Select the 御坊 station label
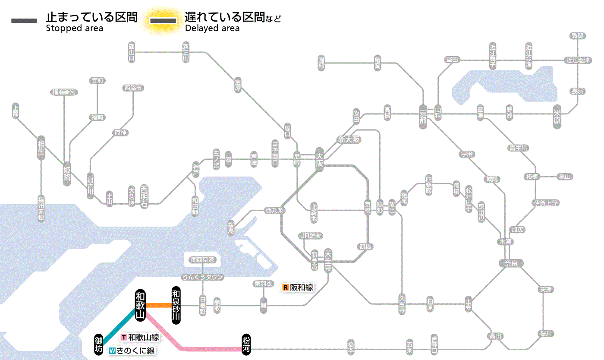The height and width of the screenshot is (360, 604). pyautogui.click(x=99, y=344)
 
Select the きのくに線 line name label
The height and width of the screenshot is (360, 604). pyautogui.click(x=132, y=351)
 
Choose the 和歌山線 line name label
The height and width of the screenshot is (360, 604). pyautogui.click(x=140, y=338)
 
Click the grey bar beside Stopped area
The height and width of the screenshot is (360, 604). pyautogui.click(x=24, y=21)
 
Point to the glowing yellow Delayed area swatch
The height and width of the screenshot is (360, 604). pyautogui.click(x=163, y=21)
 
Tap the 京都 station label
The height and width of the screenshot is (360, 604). pyautogui.click(x=423, y=115)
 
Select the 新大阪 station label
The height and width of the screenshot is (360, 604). pyautogui.click(x=349, y=139)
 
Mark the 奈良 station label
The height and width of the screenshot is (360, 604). pyautogui.click(x=511, y=263)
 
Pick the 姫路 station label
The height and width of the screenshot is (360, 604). pyautogui.click(x=67, y=174)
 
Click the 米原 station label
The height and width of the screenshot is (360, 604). pyautogui.click(x=557, y=117)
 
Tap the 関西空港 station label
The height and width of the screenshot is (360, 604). pyautogui.click(x=202, y=260)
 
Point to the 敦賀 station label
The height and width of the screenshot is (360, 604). pyautogui.click(x=578, y=36)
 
